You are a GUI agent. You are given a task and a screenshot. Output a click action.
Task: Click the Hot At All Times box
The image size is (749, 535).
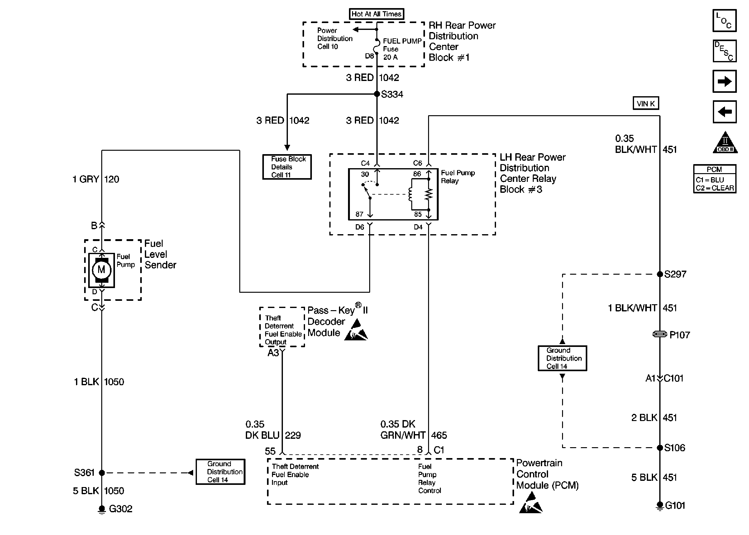click(376, 14)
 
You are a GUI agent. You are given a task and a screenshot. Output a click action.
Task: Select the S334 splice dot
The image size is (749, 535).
click(377, 94)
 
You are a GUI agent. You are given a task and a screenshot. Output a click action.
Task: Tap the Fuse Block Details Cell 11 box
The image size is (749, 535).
click(287, 167)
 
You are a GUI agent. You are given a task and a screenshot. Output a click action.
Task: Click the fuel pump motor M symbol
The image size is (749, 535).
click(101, 270)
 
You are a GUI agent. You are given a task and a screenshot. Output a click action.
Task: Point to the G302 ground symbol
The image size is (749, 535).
click(102, 509)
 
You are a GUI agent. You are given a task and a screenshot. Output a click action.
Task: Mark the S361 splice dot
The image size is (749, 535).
click(102, 473)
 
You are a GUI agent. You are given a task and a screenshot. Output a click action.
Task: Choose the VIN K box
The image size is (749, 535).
click(646, 103)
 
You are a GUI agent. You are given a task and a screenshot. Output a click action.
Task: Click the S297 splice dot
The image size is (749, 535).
click(660, 274)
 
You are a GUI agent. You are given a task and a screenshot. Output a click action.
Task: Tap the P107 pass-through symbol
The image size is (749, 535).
click(660, 334)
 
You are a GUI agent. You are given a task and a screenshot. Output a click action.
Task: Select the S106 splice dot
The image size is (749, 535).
click(660, 448)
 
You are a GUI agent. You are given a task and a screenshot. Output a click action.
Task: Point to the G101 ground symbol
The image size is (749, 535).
click(660, 506)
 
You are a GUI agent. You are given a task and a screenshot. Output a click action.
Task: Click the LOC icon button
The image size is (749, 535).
click(724, 21)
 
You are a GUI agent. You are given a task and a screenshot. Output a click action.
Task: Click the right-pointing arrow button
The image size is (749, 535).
click(724, 81)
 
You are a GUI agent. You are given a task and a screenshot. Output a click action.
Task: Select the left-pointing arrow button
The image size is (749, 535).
click(724, 112)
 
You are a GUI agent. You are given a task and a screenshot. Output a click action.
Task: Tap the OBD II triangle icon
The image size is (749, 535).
click(725, 143)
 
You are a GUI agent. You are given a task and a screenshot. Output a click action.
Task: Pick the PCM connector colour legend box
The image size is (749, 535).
click(714, 179)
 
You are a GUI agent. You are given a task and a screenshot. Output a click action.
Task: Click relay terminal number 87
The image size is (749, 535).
click(359, 214)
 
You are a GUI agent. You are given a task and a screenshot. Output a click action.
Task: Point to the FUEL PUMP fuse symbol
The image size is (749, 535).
click(377, 46)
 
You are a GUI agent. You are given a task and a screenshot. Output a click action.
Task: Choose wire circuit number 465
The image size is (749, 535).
click(439, 435)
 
